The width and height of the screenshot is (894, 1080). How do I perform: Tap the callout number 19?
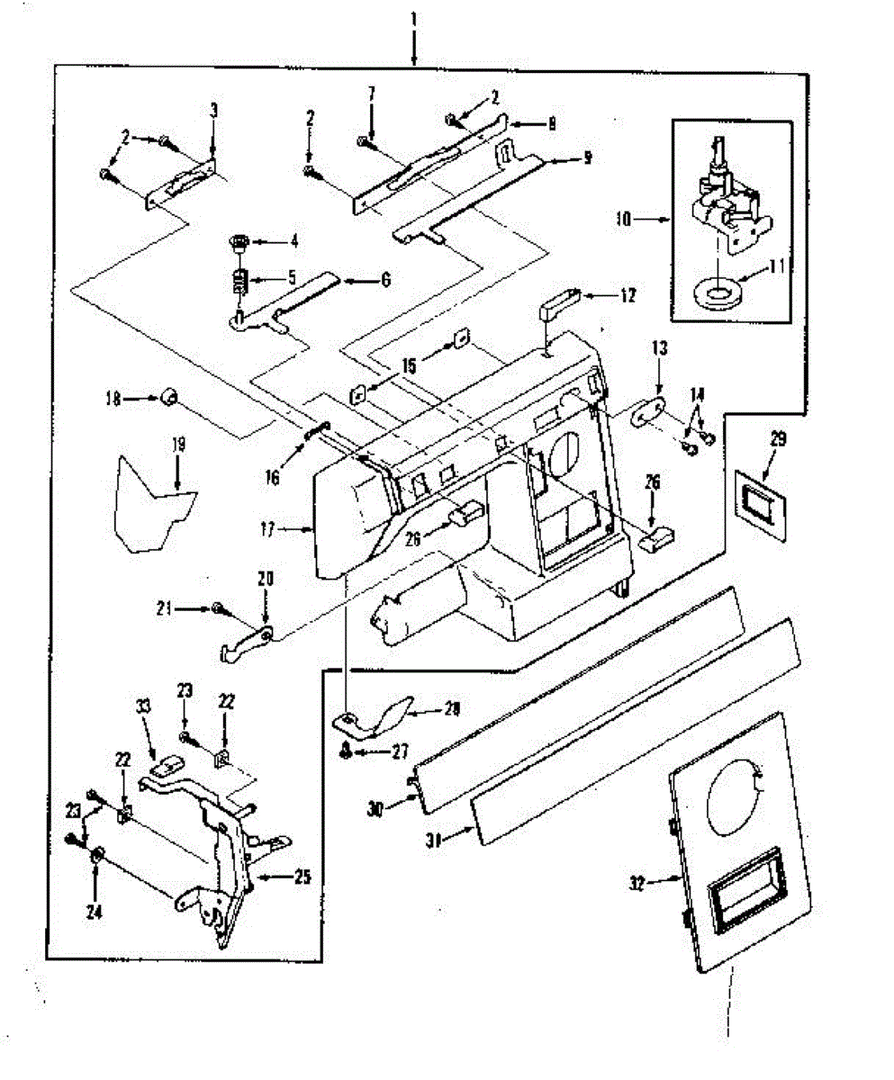(x=177, y=445)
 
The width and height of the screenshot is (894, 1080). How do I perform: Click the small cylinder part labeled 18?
(x=167, y=398)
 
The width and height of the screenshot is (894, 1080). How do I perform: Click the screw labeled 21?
(x=217, y=609)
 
